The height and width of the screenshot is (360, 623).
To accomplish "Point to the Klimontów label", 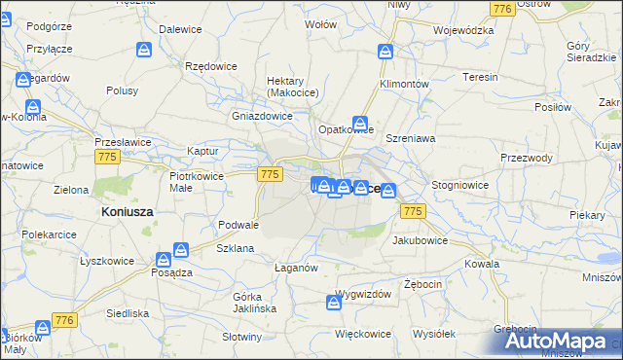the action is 403,85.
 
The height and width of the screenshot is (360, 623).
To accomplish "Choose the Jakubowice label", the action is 421,239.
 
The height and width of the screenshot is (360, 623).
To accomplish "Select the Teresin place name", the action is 480,77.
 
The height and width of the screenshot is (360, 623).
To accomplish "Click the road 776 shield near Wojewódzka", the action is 502,9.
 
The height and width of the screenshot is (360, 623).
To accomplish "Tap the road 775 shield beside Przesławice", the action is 107,157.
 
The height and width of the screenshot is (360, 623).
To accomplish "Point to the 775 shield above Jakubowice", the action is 413,211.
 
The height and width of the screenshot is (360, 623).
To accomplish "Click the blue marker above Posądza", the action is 181,250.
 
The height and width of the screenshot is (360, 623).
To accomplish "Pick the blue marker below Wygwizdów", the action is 335,305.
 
